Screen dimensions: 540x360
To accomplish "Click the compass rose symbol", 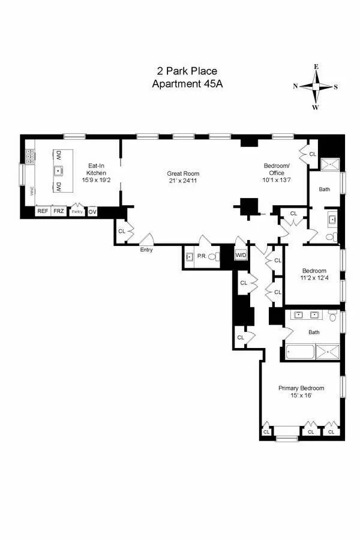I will click(316, 86).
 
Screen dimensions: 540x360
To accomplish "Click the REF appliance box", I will click(43, 211).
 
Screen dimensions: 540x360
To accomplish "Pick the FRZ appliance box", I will click(58, 211).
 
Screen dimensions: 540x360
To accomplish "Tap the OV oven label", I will click(92, 211).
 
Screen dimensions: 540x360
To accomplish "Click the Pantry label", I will click(77, 211).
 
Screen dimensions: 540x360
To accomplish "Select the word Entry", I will click(146, 250).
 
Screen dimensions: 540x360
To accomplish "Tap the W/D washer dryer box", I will click(241, 256).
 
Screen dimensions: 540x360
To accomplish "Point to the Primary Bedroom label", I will click(301, 388).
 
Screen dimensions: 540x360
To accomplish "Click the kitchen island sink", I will click(59, 171).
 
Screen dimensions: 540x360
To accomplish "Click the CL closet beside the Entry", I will click(122, 231).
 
